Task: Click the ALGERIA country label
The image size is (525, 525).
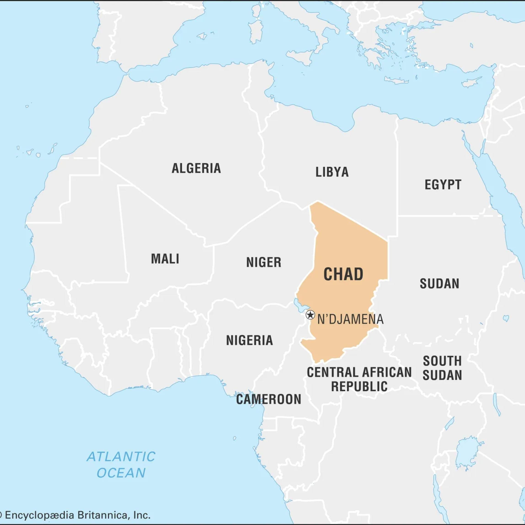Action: click(x=196, y=168)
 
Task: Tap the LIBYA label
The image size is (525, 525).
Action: click(x=332, y=172)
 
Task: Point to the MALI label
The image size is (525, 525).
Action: click(x=165, y=259)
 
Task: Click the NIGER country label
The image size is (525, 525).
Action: click(x=264, y=262)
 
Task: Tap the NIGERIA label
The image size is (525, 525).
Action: click(x=249, y=340)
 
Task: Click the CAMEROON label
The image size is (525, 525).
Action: click(x=269, y=399)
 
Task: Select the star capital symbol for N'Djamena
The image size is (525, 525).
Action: click(x=310, y=315)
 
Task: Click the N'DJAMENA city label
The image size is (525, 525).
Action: click(x=350, y=319)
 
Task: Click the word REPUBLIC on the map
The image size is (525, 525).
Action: click(x=359, y=386)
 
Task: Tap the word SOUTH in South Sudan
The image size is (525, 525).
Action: click(x=442, y=361)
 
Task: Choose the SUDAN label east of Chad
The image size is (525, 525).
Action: click(x=439, y=284)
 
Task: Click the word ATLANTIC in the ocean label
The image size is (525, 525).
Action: click(x=121, y=457)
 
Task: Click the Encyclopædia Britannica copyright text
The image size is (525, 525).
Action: click(x=76, y=515)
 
